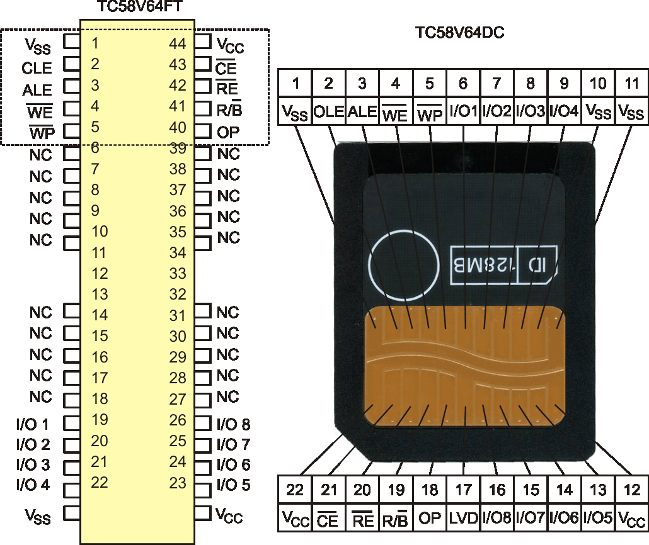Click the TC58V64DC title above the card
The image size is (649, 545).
[459, 33]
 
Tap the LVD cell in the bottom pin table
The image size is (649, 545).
[463, 518]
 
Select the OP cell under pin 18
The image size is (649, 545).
[430, 518]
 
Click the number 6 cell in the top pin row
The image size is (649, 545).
[463, 84]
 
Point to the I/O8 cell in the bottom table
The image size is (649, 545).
[497, 518]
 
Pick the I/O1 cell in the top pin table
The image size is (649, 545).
[463, 111]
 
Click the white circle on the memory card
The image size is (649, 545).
[403, 266]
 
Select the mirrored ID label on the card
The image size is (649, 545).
[537, 265]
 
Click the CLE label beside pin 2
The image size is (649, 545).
[37, 68]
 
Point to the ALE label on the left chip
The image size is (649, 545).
[37, 90]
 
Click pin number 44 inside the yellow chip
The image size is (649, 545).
[178, 43]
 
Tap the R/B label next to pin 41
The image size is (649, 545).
[229, 109]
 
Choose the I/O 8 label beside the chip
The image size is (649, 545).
[233, 424]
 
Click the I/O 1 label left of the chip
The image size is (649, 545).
[33, 424]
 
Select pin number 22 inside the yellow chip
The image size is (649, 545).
[100, 482]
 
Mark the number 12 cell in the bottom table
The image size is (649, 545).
[631, 490]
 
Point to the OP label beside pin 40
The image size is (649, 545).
[228, 132]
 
